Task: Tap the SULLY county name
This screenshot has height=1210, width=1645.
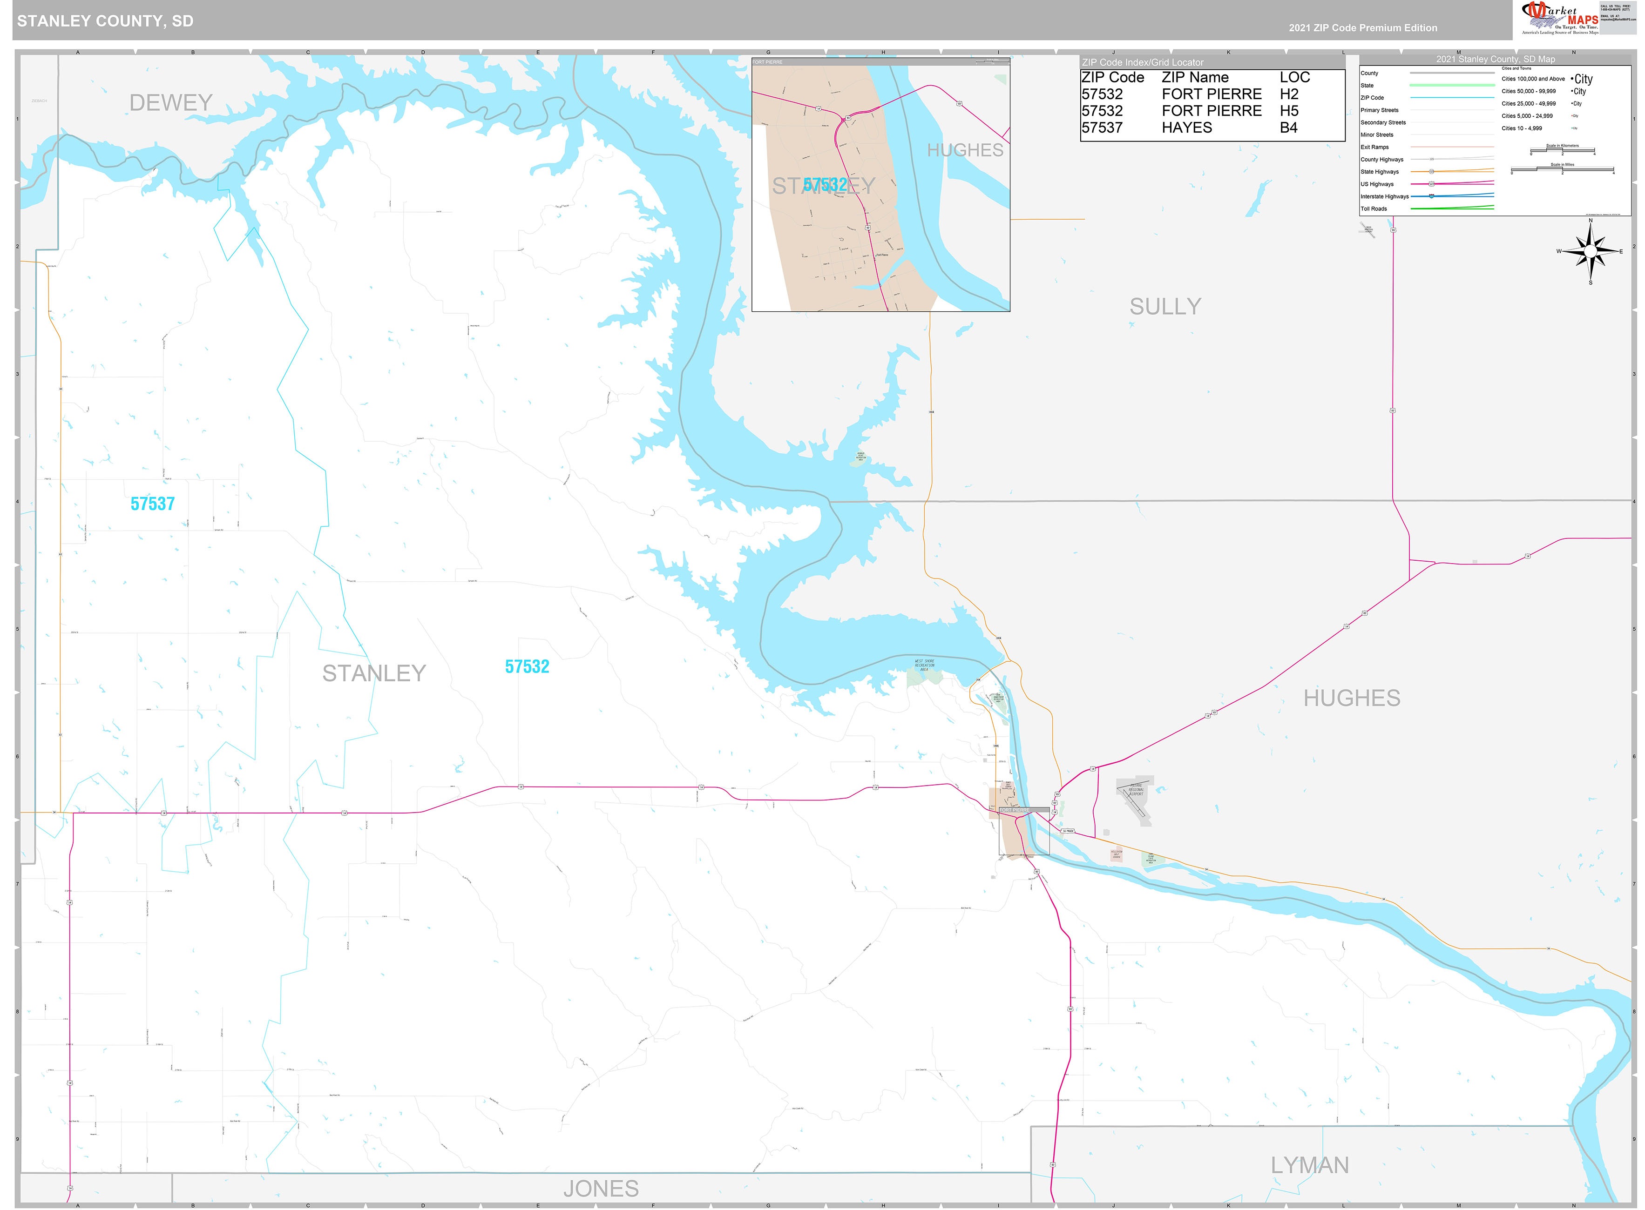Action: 1165,307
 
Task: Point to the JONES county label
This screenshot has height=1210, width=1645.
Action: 601,1189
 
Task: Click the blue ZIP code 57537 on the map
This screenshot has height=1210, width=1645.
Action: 152,504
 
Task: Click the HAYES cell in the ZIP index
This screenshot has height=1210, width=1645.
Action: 1186,128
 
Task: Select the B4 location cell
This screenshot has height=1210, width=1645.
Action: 1288,128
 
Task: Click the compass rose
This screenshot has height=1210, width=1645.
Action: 1590,251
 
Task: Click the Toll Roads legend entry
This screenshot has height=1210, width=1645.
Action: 1374,209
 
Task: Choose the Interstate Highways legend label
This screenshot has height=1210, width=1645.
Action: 1384,197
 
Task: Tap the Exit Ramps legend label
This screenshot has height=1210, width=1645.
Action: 1374,147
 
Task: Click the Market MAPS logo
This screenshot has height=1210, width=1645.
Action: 1561,18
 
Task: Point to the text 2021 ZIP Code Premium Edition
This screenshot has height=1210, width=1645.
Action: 1363,28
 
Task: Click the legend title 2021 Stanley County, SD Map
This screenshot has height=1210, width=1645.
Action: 1495,59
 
